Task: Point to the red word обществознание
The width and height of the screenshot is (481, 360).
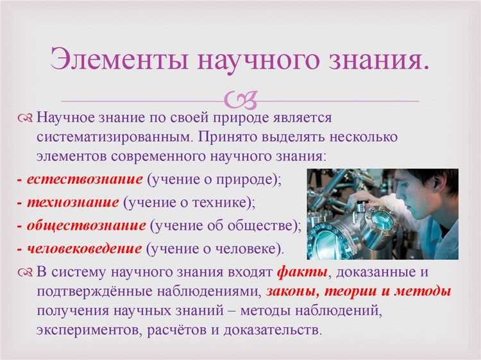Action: coord(86,225)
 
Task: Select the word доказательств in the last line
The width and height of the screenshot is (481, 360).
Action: coord(272,331)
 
